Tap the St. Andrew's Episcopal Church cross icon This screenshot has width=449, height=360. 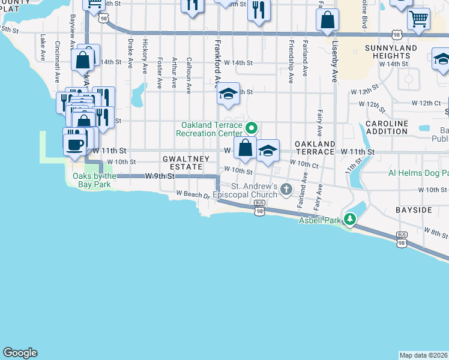tap(286, 190)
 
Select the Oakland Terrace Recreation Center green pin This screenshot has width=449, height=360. tap(252, 128)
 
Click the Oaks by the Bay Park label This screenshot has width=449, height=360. tap(94, 179)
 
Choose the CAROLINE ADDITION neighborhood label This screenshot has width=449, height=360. tap(387, 127)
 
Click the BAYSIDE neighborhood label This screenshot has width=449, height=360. tap(413, 211)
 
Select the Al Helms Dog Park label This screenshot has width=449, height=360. tap(418, 172)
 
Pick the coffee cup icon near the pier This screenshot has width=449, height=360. tap(75, 144)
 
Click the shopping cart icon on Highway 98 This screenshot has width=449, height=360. tap(418, 18)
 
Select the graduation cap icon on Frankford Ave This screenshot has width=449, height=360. tap(228, 94)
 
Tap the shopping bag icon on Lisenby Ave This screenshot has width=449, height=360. tap(327, 22)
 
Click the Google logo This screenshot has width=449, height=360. tap(20, 353)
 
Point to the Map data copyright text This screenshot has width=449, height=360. tap(423, 355)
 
